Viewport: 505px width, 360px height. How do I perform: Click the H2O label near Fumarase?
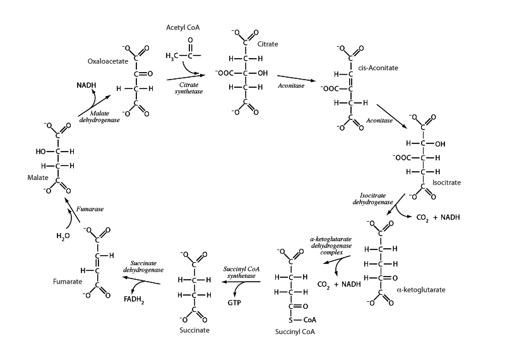(63, 236)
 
